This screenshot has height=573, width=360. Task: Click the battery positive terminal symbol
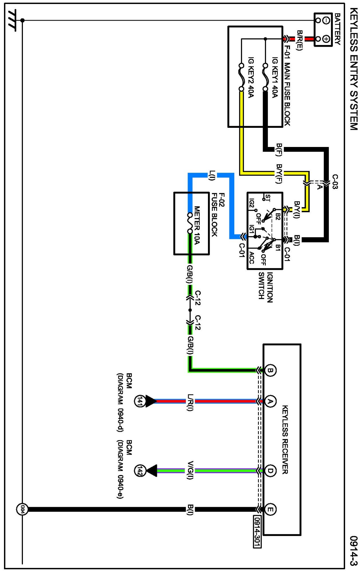coord(326,39)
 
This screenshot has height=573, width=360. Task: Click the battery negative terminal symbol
coord(326,20)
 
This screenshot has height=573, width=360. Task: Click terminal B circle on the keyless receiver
coord(270,370)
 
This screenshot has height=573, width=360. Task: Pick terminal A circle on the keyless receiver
coord(270,401)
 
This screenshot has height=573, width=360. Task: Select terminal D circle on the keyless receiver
coord(270,471)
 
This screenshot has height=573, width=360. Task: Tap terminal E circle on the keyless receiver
coord(270,509)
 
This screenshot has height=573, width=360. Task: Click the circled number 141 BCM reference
coord(140,401)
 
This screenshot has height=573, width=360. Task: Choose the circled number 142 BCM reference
coord(140,471)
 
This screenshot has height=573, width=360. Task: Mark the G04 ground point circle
coord(22,509)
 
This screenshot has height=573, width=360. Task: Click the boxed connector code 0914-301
coord(257,532)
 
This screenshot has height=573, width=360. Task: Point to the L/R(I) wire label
coord(190,402)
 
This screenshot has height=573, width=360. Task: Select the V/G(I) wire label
coord(190,470)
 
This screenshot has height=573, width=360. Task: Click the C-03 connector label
coord(335,182)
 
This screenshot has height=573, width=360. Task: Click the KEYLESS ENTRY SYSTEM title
coord(354,69)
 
